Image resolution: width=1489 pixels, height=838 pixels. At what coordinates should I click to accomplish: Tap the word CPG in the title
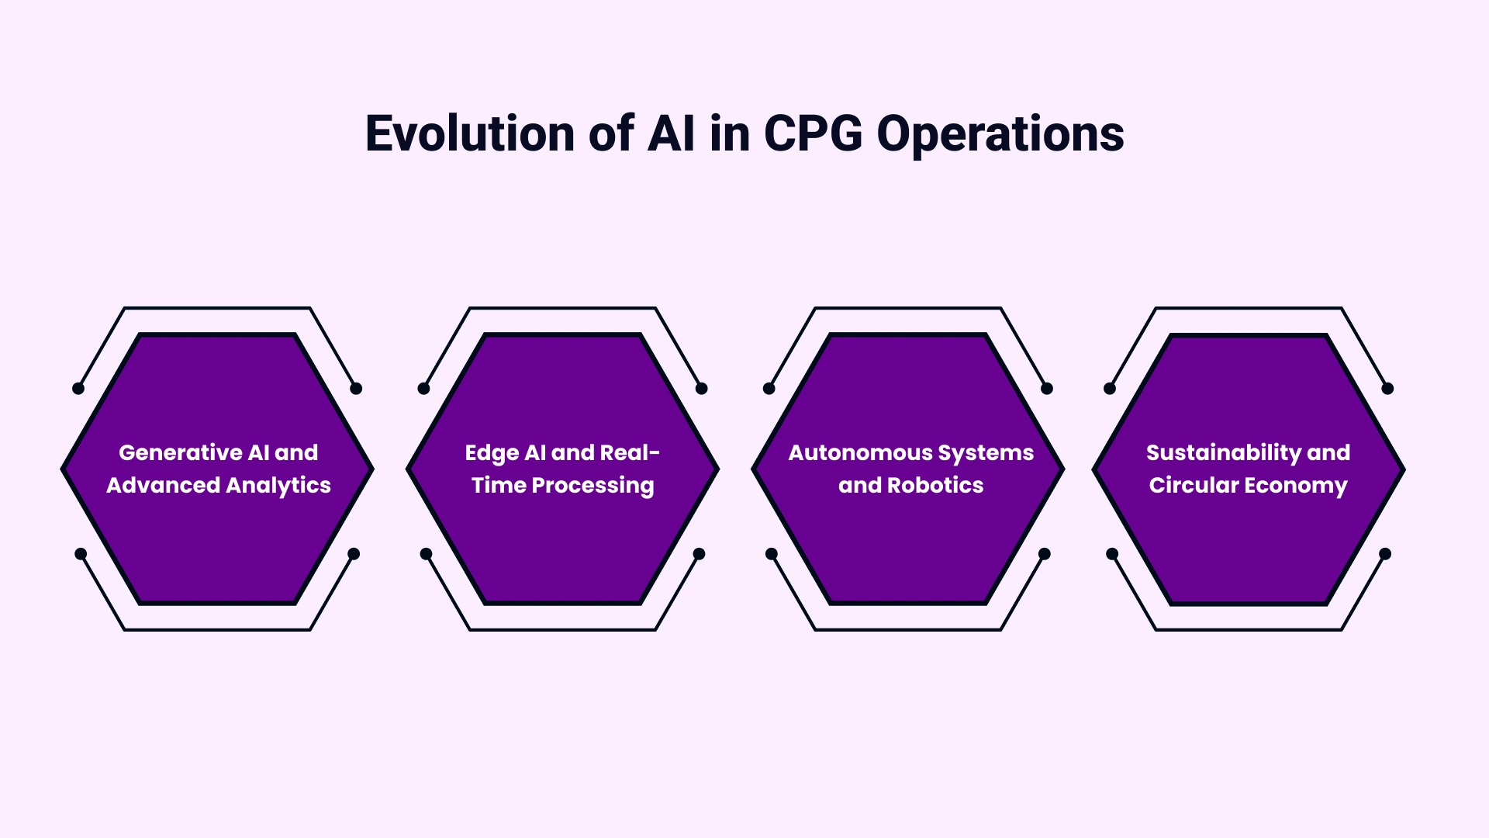point(813,133)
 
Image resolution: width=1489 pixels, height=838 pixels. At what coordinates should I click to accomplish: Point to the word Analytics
point(278,486)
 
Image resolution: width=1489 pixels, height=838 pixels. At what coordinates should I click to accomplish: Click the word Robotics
point(935,485)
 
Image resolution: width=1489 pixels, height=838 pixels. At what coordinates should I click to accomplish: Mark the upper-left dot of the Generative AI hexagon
point(78,388)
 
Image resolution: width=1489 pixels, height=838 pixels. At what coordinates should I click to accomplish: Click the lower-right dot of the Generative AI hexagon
point(354,553)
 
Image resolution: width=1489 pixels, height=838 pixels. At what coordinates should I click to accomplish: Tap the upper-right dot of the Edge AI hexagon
point(702,388)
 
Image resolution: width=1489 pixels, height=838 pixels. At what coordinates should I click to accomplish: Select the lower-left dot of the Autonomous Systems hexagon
point(772,553)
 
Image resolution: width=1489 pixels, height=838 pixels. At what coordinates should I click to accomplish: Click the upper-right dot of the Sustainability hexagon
point(1387,388)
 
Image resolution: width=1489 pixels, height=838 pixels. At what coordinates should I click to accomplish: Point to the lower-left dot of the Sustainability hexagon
point(1112,553)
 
